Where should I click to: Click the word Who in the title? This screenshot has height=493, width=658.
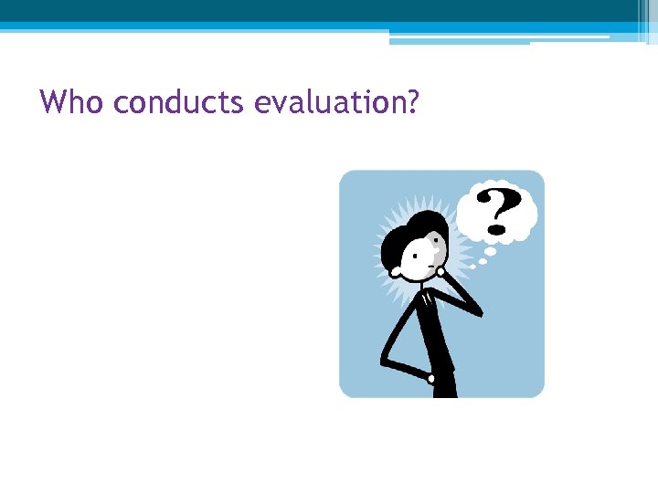pos(73,101)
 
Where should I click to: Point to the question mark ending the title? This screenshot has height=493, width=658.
pos(411,101)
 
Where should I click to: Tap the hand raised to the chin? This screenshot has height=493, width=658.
pos(442,270)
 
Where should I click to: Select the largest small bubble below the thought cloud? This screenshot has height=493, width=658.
pos(490,250)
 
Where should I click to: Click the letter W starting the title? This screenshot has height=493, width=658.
pos(53,101)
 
